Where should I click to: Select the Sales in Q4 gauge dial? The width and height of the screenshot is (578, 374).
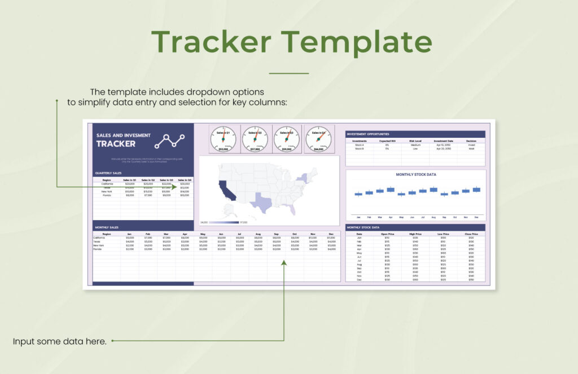319,138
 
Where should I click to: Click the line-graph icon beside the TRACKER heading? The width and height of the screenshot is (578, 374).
170,140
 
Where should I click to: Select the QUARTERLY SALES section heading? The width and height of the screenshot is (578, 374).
109,173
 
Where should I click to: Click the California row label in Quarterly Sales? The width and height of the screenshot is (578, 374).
107,184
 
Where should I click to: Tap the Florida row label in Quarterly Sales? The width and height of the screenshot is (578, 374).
106,196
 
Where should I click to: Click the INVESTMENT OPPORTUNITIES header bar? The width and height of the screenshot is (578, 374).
415,134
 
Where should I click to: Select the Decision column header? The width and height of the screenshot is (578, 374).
471,141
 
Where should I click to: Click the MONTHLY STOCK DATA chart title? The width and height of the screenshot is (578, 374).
415,174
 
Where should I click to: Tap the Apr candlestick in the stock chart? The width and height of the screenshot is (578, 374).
391,190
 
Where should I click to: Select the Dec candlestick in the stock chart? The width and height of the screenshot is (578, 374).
476,190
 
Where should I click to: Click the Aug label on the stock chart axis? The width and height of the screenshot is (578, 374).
433,217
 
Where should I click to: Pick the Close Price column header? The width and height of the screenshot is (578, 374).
471,234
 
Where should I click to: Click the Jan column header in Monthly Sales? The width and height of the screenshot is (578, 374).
129,234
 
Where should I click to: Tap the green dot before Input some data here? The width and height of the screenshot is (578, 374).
112,341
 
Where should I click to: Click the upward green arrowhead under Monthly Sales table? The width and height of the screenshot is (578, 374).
284,261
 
